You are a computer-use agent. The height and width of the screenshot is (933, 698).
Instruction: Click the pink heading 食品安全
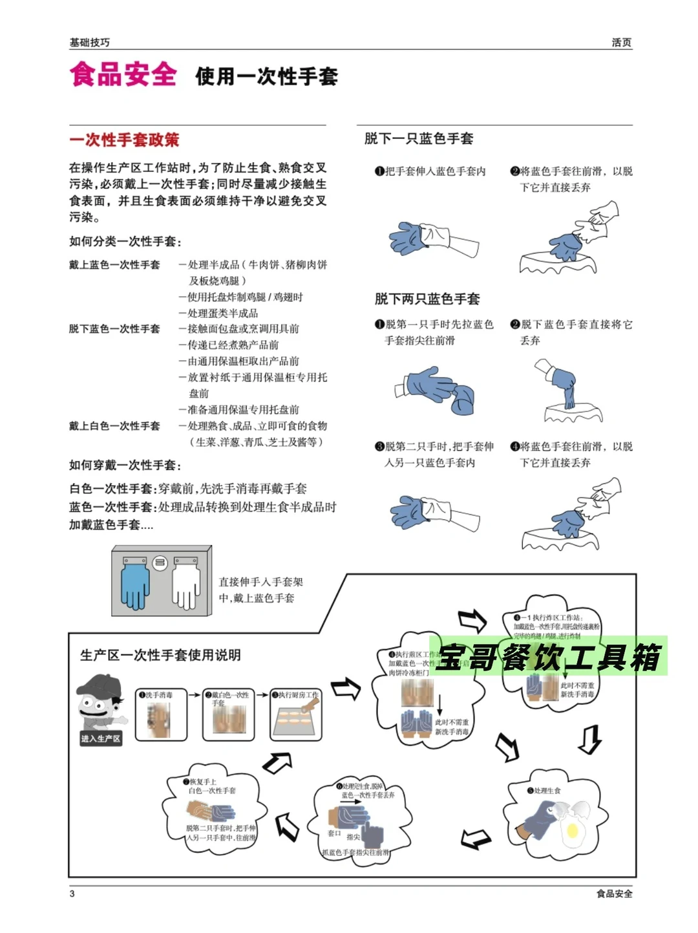(x=123, y=74)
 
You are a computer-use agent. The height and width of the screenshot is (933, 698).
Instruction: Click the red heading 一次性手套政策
(x=124, y=140)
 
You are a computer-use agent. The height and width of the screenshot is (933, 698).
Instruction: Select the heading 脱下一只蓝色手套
(x=419, y=138)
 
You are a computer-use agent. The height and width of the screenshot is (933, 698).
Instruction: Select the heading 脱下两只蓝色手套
(x=427, y=299)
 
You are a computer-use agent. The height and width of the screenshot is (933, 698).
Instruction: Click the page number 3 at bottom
(x=72, y=894)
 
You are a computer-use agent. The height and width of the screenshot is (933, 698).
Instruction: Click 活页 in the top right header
(x=621, y=43)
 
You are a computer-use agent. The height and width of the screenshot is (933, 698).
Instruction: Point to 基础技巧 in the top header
(x=90, y=43)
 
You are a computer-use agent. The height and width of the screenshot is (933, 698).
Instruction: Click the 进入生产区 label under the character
(x=101, y=738)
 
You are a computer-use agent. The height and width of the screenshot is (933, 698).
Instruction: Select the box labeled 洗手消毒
(x=161, y=714)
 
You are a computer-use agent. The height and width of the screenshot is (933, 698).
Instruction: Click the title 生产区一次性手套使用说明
(x=160, y=655)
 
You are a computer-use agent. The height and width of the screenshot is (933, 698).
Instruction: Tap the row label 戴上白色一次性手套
(x=114, y=426)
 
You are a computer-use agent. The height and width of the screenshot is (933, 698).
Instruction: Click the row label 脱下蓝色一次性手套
(x=114, y=329)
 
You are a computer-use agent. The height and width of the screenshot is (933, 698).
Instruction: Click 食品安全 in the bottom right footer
(x=614, y=894)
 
